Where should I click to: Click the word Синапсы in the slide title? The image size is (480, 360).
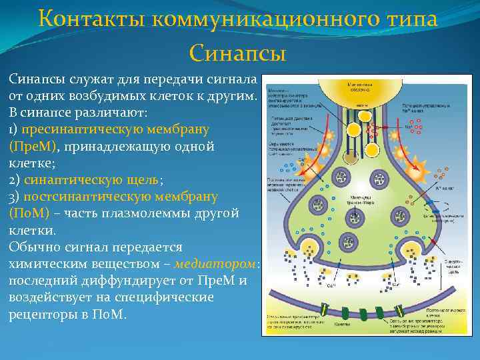coord(237,52)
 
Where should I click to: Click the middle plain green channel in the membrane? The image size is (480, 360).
coord(363,312)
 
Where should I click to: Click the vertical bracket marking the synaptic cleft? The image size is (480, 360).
coord(441,273)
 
